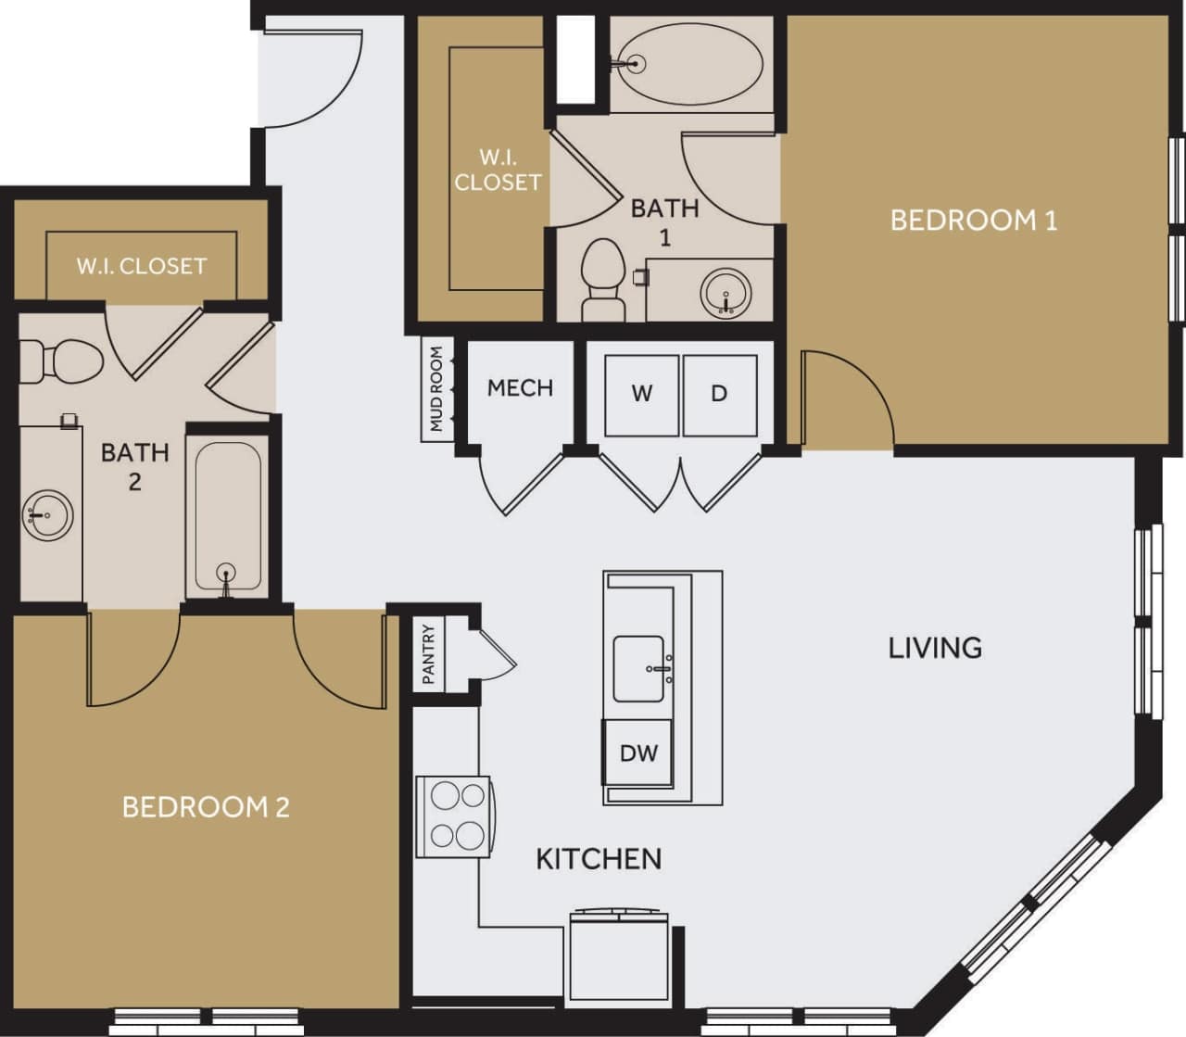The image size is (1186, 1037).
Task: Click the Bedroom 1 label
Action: pyautogui.click(x=973, y=221)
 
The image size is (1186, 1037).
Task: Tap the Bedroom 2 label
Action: pyautogui.click(x=206, y=806)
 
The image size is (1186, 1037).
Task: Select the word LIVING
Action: pyautogui.click(x=935, y=647)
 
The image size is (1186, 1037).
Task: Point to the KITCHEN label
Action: pyautogui.click(x=599, y=859)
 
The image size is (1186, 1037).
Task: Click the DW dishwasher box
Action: pyautogui.click(x=637, y=752)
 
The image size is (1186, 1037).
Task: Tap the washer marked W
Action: pyautogui.click(x=641, y=394)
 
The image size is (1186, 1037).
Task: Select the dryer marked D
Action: pyautogui.click(x=719, y=394)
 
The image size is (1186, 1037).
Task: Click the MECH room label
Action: pyautogui.click(x=520, y=387)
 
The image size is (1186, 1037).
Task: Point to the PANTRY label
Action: pyautogui.click(x=428, y=654)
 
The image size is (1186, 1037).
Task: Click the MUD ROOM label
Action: pyautogui.click(x=436, y=389)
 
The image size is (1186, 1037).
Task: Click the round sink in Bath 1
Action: pyautogui.click(x=724, y=293)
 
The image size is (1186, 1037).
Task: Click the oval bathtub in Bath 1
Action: pyautogui.click(x=690, y=63)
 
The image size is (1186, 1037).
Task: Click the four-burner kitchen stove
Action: pyautogui.click(x=454, y=816)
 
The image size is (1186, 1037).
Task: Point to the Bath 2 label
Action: pyautogui.click(x=134, y=466)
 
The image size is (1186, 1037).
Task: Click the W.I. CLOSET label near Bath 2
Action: pyautogui.click(x=141, y=266)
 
